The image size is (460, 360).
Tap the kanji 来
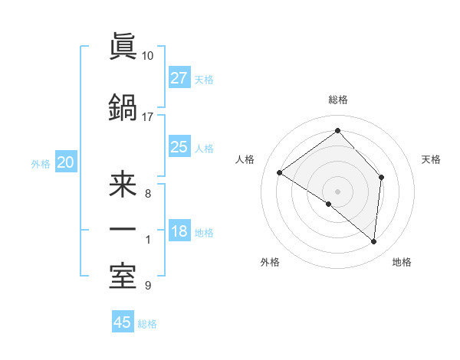pyautogui.click(x=123, y=185)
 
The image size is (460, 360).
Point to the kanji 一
pyautogui.click(x=123, y=229)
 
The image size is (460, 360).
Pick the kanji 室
pyautogui.click(x=123, y=275)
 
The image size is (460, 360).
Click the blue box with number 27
pyautogui.click(x=179, y=78)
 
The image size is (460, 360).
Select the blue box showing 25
pyautogui.click(x=179, y=148)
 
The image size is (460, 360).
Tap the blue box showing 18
pyautogui.click(x=179, y=232)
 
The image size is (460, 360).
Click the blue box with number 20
pyautogui.click(x=66, y=162)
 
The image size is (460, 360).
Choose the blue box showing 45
pyautogui.click(x=123, y=322)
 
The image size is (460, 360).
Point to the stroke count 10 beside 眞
pyautogui.click(x=147, y=56)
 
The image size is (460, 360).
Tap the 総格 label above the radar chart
pyautogui.click(x=337, y=100)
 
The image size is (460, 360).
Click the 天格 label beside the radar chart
pyautogui.click(x=432, y=159)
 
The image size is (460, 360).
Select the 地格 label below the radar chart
pyautogui.click(x=402, y=262)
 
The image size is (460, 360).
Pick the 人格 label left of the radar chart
pyautogui.click(x=245, y=159)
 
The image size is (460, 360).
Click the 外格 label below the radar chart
pyautogui.click(x=270, y=262)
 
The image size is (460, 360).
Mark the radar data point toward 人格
pyautogui.click(x=280, y=172)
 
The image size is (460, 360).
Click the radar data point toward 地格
pyautogui.click(x=374, y=242)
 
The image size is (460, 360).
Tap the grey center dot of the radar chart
pyautogui.click(x=337, y=191)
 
